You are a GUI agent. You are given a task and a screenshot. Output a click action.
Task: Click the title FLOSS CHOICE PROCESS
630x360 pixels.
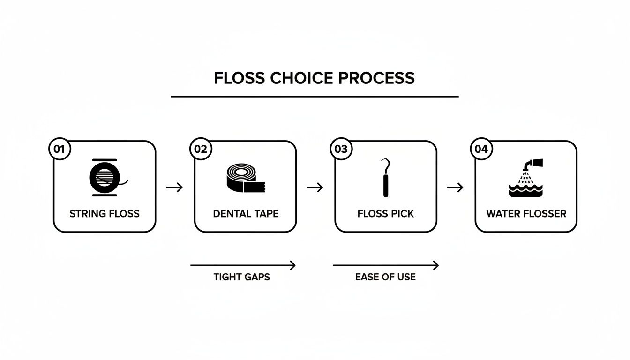coord(315,78)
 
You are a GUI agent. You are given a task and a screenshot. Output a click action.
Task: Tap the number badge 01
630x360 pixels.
coord(60,150)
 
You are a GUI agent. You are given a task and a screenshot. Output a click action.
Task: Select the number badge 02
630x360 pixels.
coord(200,150)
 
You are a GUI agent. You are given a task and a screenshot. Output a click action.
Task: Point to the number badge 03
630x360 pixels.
coord(341,150)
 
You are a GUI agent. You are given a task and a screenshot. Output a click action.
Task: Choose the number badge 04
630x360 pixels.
coord(481,150)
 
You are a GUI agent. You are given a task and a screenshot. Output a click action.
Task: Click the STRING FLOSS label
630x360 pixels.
coord(105,214)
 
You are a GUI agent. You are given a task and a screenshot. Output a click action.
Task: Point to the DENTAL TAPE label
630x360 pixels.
coord(246,214)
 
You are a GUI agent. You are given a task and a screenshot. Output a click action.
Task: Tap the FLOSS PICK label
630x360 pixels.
coord(386,214)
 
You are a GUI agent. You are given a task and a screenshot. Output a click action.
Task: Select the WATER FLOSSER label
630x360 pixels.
coord(526,214)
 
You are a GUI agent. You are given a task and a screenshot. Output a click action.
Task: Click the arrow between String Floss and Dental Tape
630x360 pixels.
coord(175,187)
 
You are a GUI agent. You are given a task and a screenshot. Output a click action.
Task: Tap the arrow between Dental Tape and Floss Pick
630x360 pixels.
coord(315,187)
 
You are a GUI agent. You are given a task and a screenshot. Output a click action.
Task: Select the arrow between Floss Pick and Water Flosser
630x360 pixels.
coord(455,187)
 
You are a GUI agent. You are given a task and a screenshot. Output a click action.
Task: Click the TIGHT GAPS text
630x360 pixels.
coord(241,277)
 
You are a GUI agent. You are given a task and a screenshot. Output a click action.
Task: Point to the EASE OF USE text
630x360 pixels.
coord(385,277)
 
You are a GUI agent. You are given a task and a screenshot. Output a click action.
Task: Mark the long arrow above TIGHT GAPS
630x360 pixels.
coord(243,265)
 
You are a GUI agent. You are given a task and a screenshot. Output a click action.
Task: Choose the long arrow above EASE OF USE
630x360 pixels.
coord(385,265)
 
